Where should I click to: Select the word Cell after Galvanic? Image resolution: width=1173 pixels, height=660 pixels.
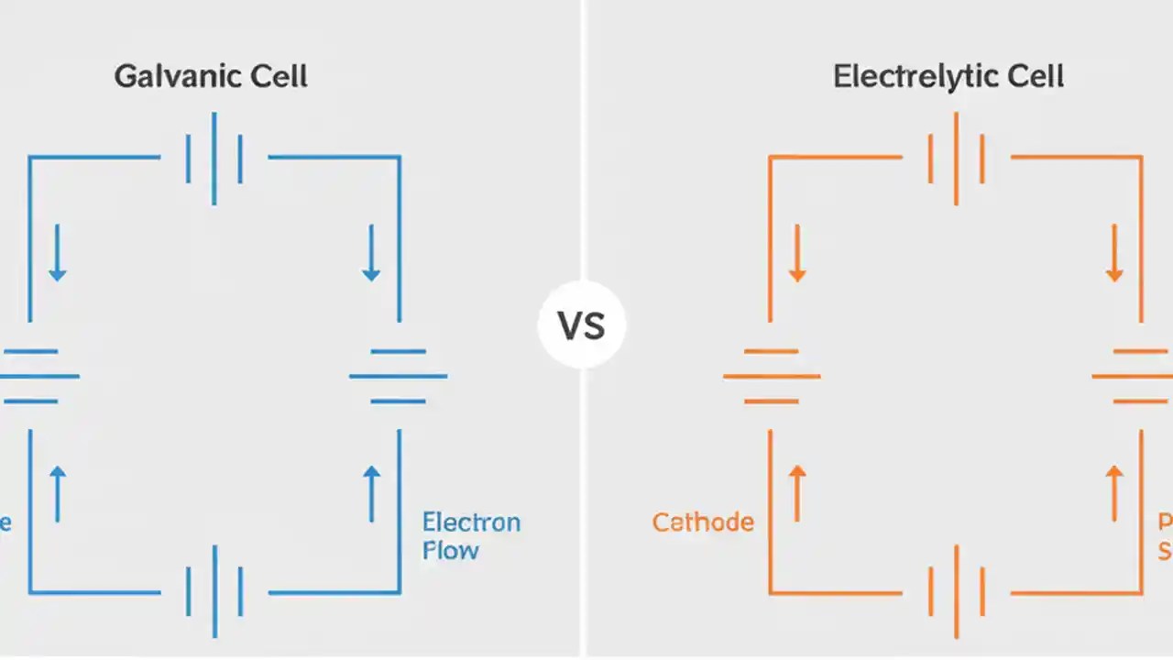(x=279, y=76)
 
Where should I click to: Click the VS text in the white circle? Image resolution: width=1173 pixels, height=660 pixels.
(x=582, y=325)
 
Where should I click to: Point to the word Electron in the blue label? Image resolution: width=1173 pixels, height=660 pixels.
(x=471, y=522)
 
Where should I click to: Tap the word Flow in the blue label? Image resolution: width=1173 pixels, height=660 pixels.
(x=450, y=551)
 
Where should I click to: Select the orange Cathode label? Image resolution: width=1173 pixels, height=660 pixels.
(x=703, y=522)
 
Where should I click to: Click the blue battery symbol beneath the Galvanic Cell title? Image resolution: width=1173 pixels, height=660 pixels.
(x=214, y=159)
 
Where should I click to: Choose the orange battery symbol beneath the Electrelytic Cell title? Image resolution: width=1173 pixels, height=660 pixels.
(x=956, y=159)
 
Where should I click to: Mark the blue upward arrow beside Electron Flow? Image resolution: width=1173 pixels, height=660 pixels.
(x=371, y=493)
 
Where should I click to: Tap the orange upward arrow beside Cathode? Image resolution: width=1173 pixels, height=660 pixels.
(x=796, y=493)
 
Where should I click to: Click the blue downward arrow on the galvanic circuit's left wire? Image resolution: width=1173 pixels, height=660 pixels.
(x=58, y=252)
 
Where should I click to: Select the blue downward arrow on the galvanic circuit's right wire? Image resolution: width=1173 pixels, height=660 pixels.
(x=371, y=252)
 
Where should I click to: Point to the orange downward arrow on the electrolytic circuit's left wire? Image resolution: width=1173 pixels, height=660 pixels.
(x=796, y=252)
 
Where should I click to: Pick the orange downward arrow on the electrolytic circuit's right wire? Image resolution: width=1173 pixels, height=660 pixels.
(x=1114, y=252)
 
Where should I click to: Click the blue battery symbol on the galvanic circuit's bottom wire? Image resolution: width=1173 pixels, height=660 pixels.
(x=214, y=591)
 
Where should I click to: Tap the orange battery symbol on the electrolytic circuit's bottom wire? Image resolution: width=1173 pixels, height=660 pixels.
(x=956, y=591)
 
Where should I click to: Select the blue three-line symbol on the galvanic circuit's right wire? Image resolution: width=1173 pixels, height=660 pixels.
(x=399, y=376)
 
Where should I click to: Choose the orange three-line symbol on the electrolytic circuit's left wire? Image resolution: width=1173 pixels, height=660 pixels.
(x=771, y=376)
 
